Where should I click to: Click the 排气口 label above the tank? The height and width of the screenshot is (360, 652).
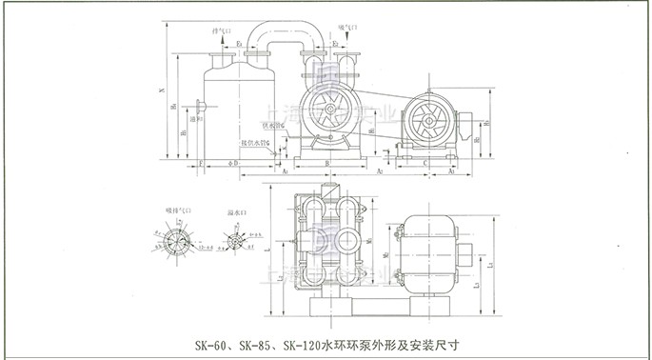pos(221,32)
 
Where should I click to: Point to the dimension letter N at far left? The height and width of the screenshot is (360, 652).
pos(161,91)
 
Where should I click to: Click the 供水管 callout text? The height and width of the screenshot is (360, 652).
pos(270,125)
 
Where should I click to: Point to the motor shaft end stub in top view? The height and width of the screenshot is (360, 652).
pos(473,252)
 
